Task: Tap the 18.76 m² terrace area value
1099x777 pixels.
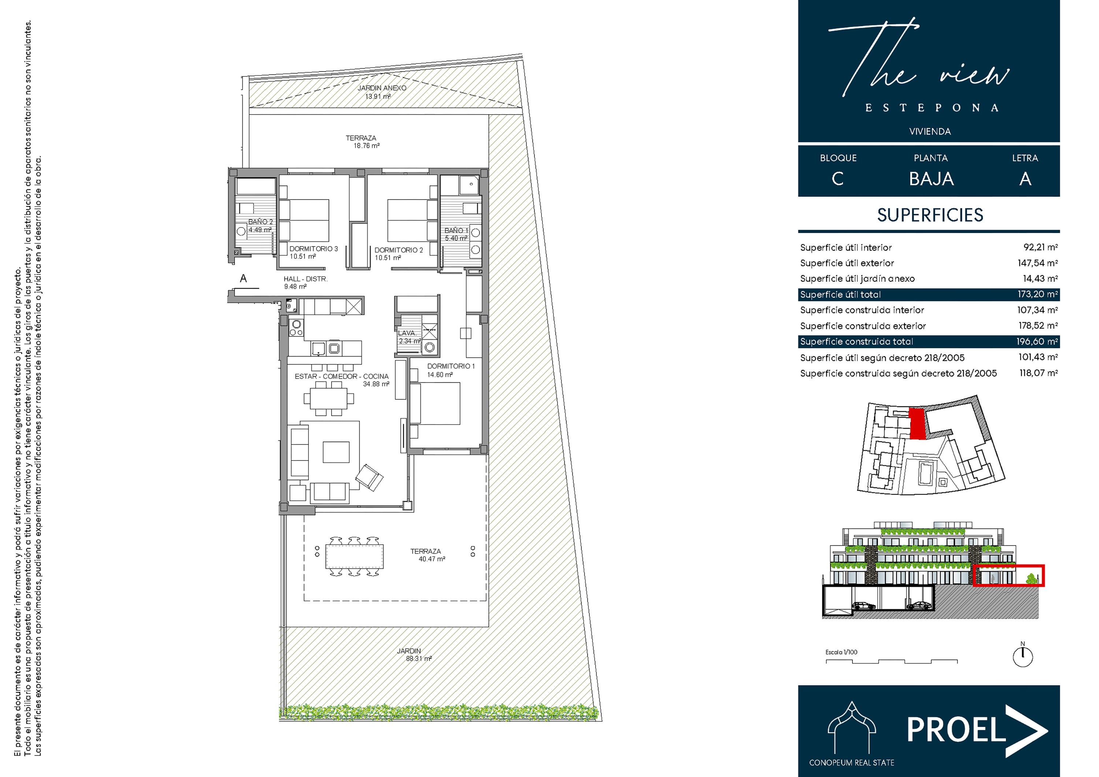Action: click(367, 145)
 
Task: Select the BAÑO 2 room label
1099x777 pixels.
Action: click(260, 222)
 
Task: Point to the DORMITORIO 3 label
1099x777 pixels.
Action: click(314, 248)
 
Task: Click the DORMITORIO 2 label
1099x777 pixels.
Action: click(399, 250)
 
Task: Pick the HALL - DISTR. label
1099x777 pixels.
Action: click(306, 279)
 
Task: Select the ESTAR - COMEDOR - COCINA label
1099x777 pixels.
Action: click(342, 376)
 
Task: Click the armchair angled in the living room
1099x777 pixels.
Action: click(369, 477)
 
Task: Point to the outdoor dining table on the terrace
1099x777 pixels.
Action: click(354, 556)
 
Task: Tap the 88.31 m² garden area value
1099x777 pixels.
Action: click(419, 659)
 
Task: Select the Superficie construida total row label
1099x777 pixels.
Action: click(856, 341)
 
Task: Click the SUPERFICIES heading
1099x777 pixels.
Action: click(930, 215)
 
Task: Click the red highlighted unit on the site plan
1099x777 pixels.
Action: click(917, 423)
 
